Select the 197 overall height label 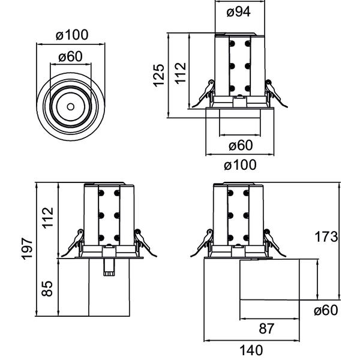point(26,248)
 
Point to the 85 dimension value point(48,289)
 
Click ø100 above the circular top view point(71,35)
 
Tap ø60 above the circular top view point(70,57)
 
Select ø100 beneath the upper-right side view point(239,164)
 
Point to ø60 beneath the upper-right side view point(239,145)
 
